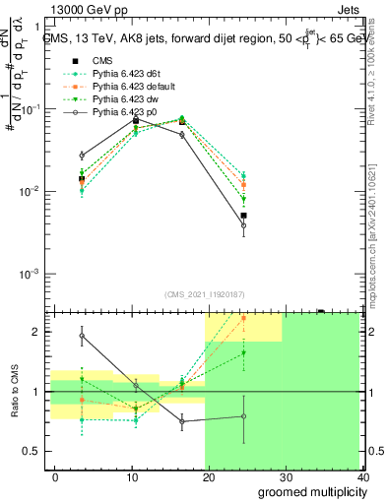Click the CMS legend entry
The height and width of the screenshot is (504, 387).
103,61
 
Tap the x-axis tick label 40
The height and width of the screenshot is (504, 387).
363,476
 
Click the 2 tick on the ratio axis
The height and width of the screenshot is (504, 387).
40,332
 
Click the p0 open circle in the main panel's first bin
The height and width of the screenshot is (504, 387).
82,156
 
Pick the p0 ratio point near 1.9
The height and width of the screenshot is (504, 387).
82,336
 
